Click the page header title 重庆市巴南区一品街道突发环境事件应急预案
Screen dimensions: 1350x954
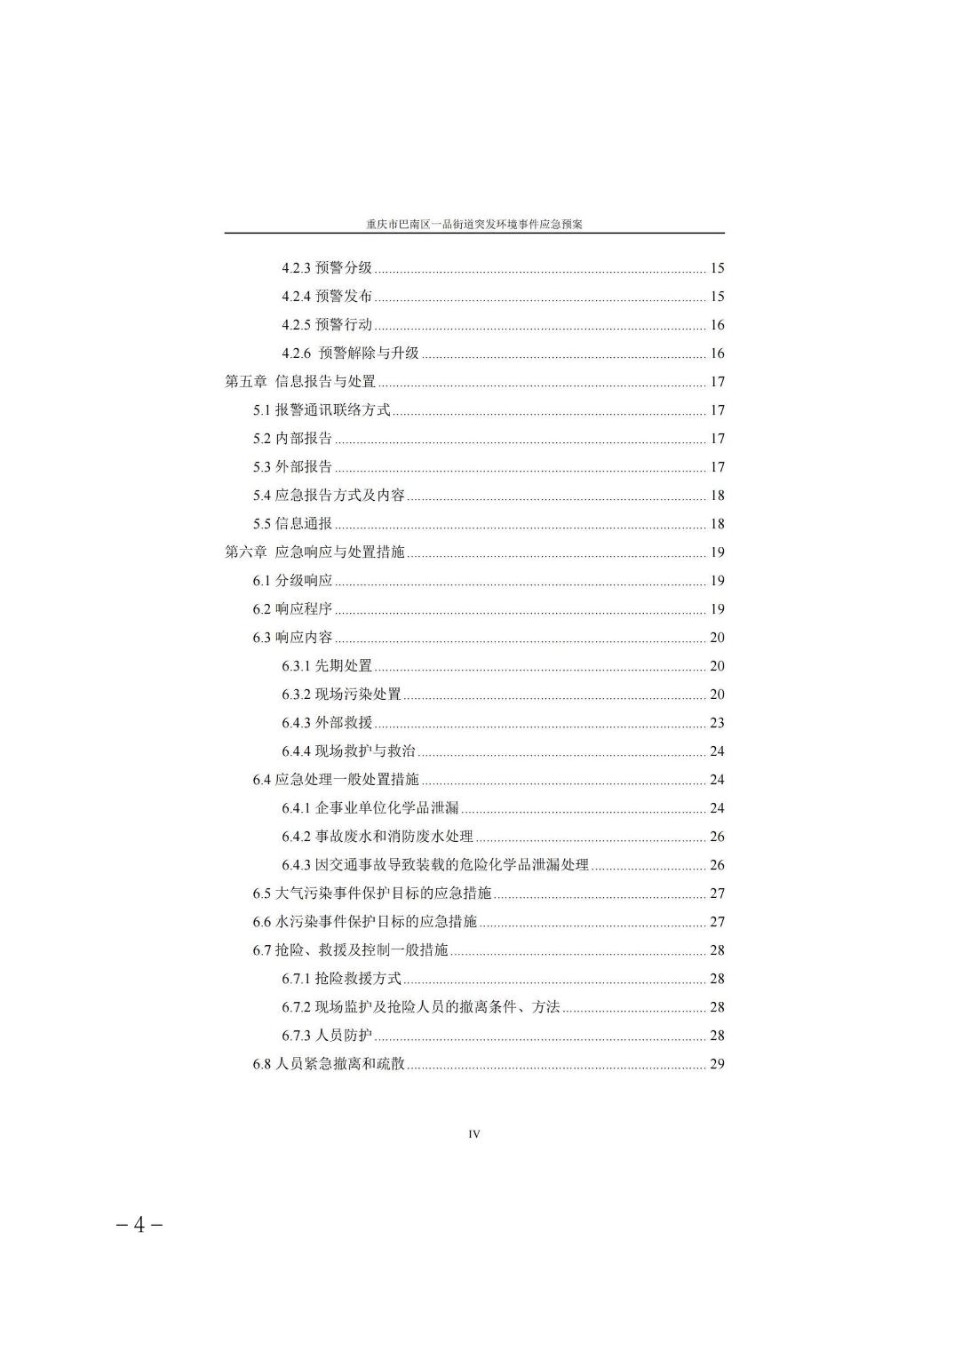[x=474, y=225]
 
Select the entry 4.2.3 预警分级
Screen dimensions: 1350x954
[x=327, y=268]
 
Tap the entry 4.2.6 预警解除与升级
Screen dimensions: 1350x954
[x=350, y=353]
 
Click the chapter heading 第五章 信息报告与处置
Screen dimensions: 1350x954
[x=300, y=382]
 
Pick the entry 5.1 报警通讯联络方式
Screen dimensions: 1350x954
[x=322, y=410]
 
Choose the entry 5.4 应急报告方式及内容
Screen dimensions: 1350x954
[x=329, y=496]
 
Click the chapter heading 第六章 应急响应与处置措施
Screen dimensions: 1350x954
[x=314, y=552]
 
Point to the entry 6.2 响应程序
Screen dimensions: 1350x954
[x=292, y=609]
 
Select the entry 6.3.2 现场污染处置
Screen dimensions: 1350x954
[x=341, y=695]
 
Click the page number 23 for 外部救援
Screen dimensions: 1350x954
[x=717, y=723]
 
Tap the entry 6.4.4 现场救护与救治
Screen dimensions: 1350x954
[x=348, y=751]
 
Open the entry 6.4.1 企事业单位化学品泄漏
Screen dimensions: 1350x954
[x=370, y=808]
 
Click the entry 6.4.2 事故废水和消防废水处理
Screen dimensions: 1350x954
[x=378, y=837]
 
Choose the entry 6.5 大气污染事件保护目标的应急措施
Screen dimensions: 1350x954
[x=371, y=893]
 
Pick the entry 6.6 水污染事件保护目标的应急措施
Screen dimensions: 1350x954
[x=364, y=922]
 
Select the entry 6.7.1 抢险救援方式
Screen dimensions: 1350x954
[x=341, y=979]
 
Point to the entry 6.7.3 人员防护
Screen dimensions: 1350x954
[x=327, y=1036]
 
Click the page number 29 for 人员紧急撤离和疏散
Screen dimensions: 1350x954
[x=717, y=1064]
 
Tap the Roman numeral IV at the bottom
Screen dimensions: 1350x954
[x=474, y=1134]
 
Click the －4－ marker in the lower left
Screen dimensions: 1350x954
[x=139, y=1225]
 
